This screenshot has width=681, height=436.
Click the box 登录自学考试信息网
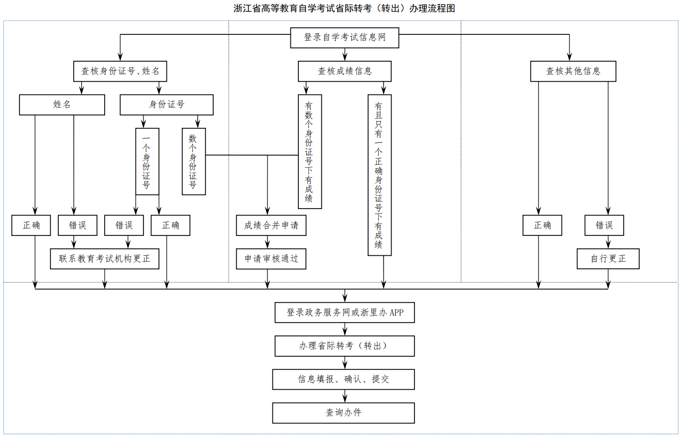coord(345,38)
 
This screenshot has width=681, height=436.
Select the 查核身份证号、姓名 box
coord(120,71)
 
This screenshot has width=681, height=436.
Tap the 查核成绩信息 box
coord(345,71)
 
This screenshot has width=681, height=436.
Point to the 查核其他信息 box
coord(573,71)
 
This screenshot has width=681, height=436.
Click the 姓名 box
coord(62,105)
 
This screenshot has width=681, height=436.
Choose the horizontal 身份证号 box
coord(166,105)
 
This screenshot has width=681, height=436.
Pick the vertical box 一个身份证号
coord(147,162)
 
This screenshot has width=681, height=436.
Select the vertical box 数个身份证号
coord(193,162)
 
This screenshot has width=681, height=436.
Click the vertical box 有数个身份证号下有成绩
coord(309,152)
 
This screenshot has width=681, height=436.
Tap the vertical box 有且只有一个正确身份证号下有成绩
coord(380,175)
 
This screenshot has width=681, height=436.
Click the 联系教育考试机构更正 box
coord(105,259)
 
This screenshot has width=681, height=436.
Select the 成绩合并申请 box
coord(271,225)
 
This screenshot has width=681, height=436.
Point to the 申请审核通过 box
coord(271,259)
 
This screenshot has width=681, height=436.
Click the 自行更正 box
coord(608,259)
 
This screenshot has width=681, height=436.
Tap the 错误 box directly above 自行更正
coord(604,225)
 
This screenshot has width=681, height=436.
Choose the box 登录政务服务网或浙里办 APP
coord(344,313)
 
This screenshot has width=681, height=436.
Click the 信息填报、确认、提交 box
coord(344,379)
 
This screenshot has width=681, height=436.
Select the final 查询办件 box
coord(344,413)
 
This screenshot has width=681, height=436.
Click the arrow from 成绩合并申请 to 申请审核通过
coord(268,242)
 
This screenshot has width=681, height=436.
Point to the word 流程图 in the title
coord(443,8)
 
